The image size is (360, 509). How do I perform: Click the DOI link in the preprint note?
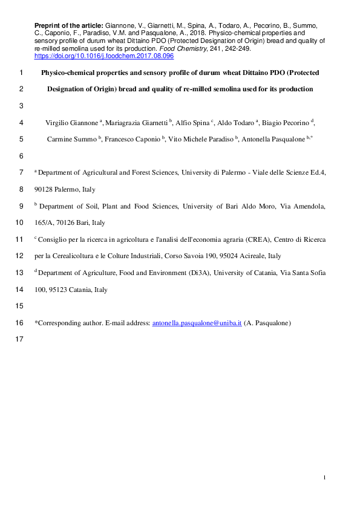click(x=104, y=55)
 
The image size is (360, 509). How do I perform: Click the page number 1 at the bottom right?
click(x=324, y=478)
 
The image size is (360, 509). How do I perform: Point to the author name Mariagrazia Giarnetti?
click(x=138, y=122)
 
